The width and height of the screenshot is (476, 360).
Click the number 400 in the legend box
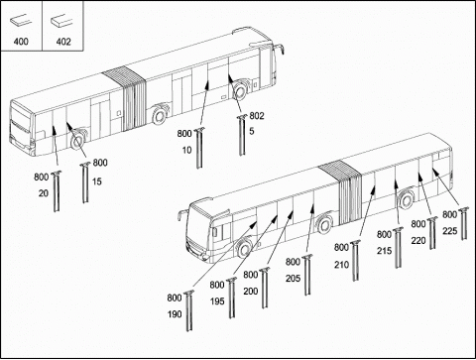point(21,42)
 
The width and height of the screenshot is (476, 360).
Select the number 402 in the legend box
point(63,42)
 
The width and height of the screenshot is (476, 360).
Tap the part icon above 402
point(61,21)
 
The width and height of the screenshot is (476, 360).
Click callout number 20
point(44,193)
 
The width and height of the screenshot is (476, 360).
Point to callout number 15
point(97,181)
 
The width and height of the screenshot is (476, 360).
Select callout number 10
point(186,150)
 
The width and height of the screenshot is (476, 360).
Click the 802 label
point(257,116)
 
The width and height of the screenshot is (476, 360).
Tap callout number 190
point(175,314)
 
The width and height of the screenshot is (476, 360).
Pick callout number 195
point(217,301)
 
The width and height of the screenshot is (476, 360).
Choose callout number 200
point(251,292)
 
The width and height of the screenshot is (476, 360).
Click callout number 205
point(293,279)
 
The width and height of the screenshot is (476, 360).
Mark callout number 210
point(341,265)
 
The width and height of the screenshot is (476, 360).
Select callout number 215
point(384,251)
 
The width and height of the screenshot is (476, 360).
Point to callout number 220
point(418,241)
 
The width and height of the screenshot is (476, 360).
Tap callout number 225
point(450,231)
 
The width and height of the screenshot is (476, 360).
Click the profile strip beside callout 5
point(242,135)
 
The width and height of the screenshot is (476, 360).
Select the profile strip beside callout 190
point(188,310)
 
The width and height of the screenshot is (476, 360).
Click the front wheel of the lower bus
point(245,250)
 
